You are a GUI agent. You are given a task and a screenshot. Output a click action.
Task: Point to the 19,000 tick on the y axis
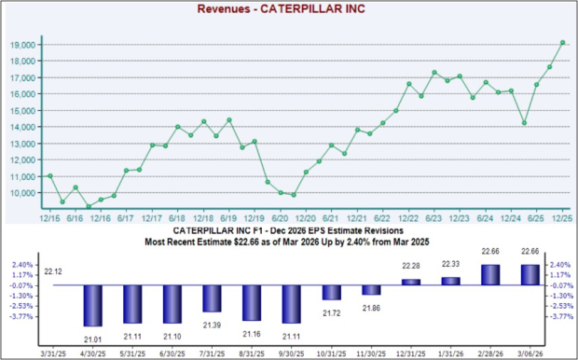tap(22, 45)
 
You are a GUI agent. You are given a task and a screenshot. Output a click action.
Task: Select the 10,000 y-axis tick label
tap(22, 193)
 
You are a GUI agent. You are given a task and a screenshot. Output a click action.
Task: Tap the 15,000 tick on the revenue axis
tap(22, 111)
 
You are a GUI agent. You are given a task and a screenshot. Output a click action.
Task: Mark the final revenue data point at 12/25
tap(562, 42)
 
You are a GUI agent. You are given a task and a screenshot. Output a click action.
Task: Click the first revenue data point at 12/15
tap(49, 175)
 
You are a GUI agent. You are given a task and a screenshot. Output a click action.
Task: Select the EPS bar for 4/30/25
tap(92, 305)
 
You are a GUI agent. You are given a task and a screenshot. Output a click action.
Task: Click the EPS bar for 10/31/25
tap(332, 293)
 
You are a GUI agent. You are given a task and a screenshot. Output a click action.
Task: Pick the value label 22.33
tap(451, 266)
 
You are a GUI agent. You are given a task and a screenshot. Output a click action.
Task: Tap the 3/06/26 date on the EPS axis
tap(530, 353)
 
